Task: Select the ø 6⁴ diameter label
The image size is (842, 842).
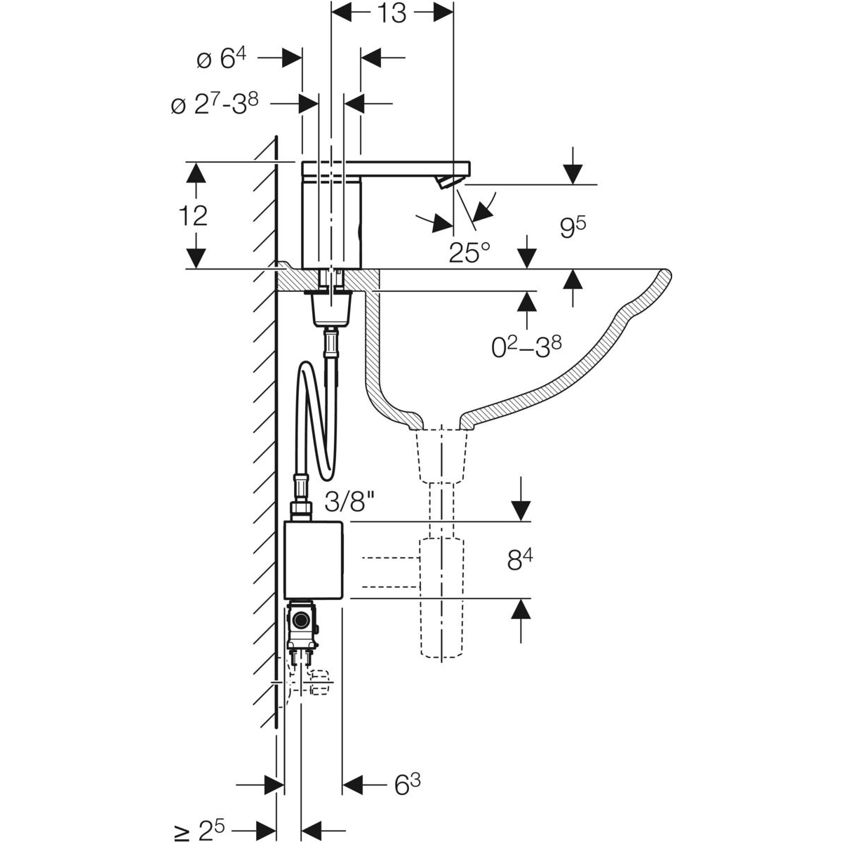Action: (x=221, y=58)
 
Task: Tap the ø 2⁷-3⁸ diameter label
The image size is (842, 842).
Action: (x=215, y=105)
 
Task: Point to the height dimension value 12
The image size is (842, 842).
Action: (x=193, y=216)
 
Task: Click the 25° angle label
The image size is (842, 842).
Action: (x=469, y=253)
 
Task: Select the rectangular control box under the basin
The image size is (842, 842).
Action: (x=313, y=560)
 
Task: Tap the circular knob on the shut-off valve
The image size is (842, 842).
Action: (x=300, y=620)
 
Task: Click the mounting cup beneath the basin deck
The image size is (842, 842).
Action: (x=331, y=309)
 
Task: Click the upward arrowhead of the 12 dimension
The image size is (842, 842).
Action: (x=196, y=172)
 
